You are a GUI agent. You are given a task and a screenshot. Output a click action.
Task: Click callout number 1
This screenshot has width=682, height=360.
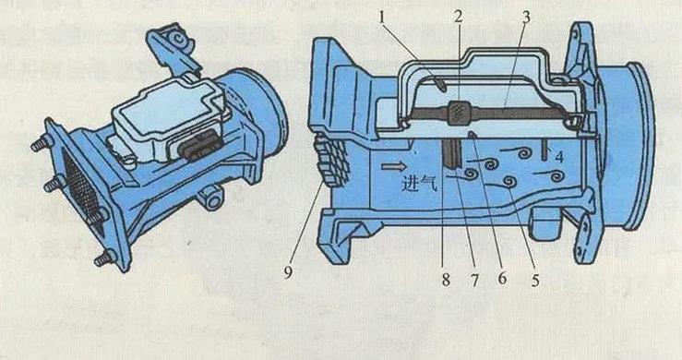pyautogui.click(x=382, y=18)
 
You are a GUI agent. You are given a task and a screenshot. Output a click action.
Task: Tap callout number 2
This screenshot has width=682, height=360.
pyautogui.click(x=459, y=17)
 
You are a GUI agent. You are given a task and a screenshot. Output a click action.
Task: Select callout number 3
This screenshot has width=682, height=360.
pyautogui.click(x=526, y=18)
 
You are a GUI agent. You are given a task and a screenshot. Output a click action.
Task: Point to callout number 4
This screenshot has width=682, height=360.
pyautogui.click(x=559, y=157)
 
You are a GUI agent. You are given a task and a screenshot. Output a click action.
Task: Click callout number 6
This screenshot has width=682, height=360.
pyautogui.click(x=502, y=278)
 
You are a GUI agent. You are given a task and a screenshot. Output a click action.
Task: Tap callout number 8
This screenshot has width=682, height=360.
pyautogui.click(x=446, y=280)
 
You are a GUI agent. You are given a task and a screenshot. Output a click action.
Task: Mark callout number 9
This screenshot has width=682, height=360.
pyautogui.click(x=288, y=272)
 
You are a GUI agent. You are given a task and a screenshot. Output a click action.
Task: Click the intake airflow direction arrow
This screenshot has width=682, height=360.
pyautogui.click(x=394, y=166)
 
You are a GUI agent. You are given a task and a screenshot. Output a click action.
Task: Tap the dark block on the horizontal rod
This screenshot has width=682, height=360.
pyautogui.click(x=458, y=114)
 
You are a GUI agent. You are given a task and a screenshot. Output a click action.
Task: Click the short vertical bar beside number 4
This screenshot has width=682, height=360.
pyautogui.click(x=544, y=151)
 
